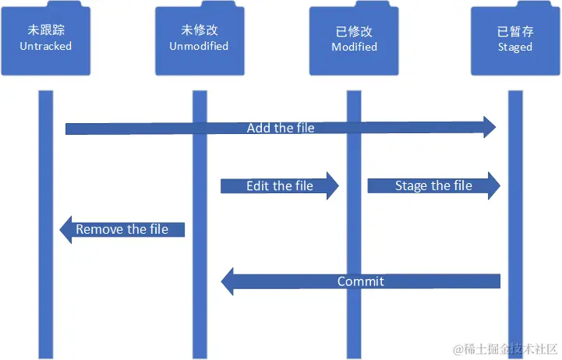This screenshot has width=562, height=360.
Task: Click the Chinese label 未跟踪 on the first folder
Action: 45,30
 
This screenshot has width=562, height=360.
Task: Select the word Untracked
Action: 45,46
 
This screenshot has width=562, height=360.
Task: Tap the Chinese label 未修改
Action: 199,30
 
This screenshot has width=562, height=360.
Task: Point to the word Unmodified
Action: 199,46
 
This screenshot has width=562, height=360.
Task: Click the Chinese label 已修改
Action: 353,32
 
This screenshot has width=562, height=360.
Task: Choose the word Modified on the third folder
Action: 353,47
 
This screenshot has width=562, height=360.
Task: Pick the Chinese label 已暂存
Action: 514,32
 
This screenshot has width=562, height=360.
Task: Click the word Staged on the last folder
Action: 514,47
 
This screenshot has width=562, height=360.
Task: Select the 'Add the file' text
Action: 281,128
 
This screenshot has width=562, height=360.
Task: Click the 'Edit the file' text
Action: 279,185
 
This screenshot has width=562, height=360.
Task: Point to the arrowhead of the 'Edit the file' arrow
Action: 333,185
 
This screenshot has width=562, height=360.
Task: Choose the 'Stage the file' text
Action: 433,185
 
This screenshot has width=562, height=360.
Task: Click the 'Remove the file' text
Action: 122,229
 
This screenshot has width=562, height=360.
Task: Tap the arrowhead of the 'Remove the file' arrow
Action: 66,229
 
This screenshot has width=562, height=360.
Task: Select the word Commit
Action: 360,281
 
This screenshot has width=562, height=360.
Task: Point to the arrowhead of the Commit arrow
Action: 228,281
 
